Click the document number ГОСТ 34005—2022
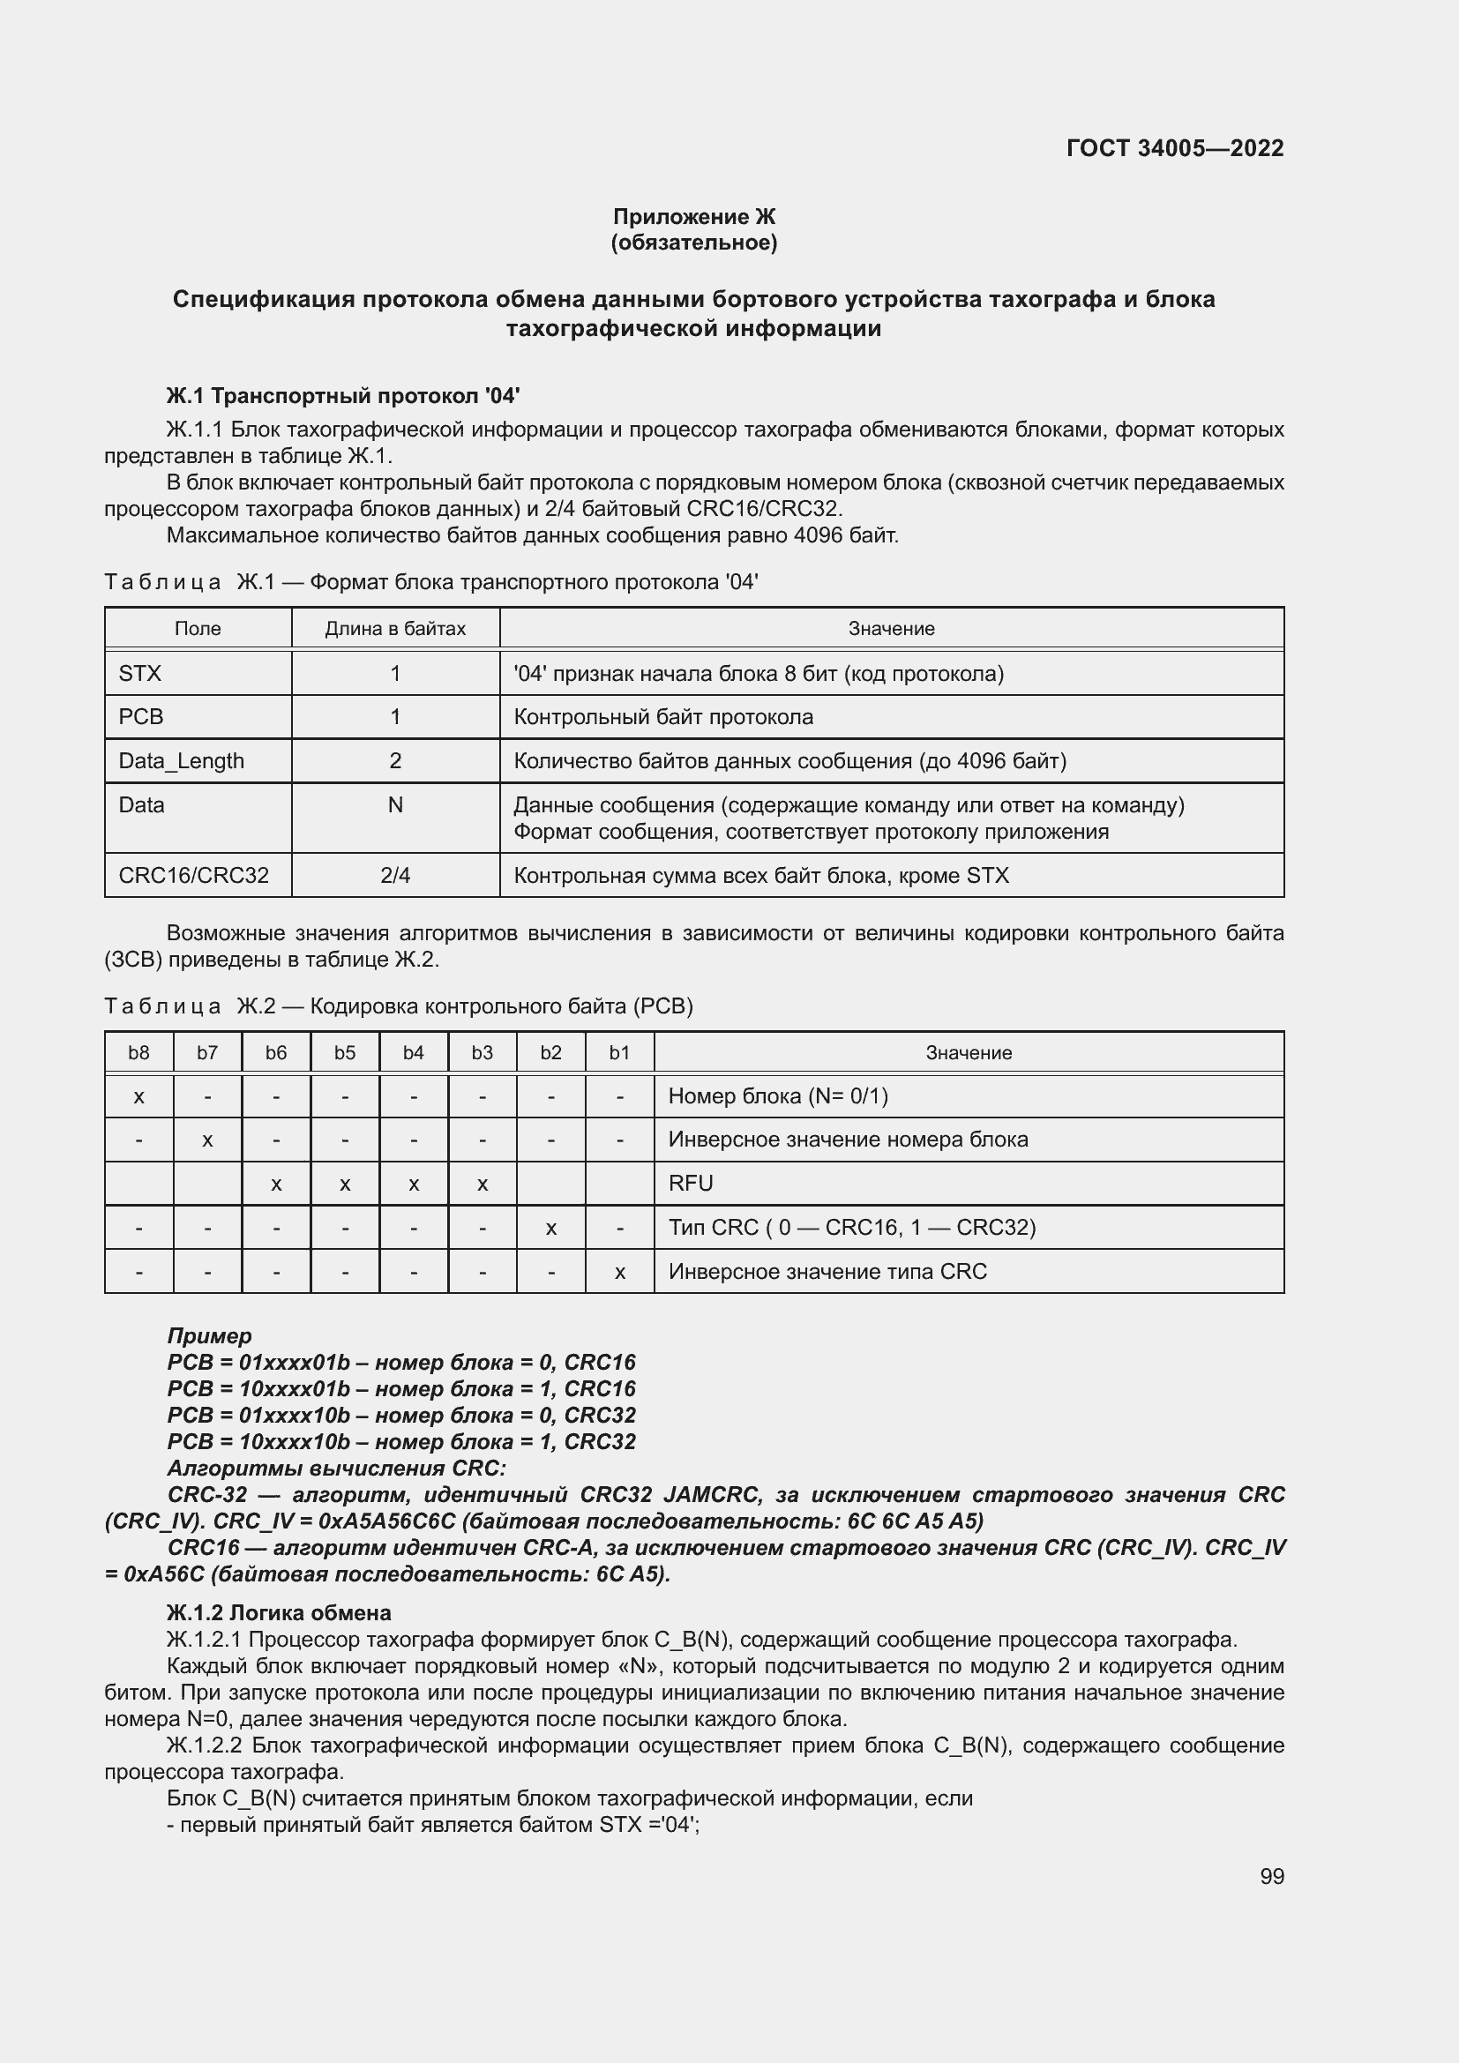click(x=1174, y=148)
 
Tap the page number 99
click(x=1271, y=1876)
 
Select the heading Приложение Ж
click(x=693, y=217)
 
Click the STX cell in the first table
click(x=140, y=673)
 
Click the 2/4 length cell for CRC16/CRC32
click(x=395, y=875)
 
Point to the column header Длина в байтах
click(x=395, y=628)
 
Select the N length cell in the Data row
click(x=395, y=805)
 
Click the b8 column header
click(x=138, y=1052)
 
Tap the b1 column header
click(x=620, y=1052)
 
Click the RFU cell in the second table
click(x=691, y=1184)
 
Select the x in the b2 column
click(x=550, y=1228)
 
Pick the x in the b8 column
click(x=138, y=1096)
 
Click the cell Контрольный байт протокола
click(x=663, y=717)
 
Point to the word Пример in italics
click(x=209, y=1335)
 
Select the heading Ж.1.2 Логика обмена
click(x=279, y=1613)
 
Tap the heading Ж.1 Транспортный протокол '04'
click(x=342, y=396)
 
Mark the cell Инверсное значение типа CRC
click(x=827, y=1272)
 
